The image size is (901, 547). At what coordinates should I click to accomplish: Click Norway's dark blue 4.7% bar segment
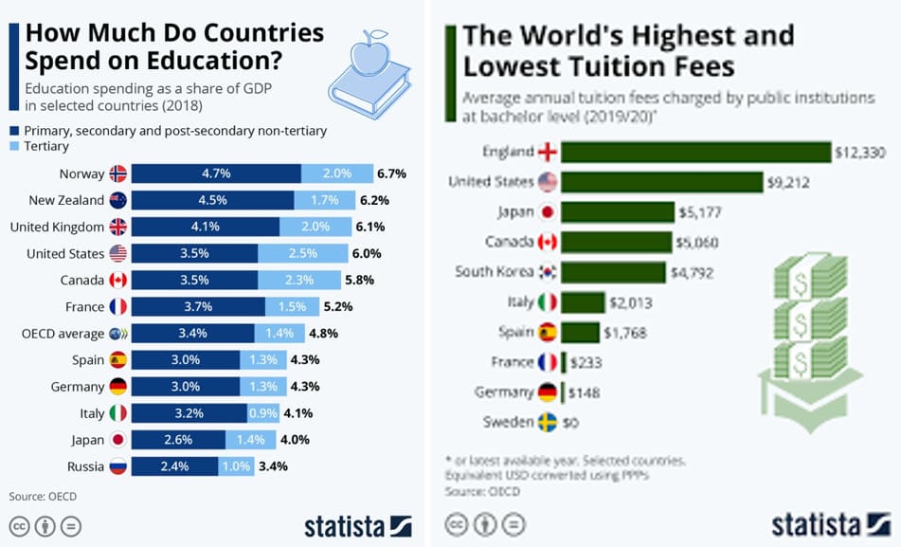pyautogui.click(x=215, y=173)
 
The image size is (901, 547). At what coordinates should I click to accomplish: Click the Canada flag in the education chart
pyautogui.click(x=118, y=281)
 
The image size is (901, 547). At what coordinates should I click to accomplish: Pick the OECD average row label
pyautogui.click(x=63, y=334)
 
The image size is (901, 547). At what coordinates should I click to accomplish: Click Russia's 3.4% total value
pyautogui.click(x=273, y=466)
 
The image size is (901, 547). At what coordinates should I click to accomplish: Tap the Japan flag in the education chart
pyautogui.click(x=118, y=440)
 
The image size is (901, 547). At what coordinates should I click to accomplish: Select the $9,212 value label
pyautogui.click(x=796, y=183)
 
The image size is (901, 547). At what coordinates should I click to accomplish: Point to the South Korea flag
pyautogui.click(x=548, y=272)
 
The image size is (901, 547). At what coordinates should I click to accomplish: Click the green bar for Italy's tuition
pyautogui.click(x=583, y=302)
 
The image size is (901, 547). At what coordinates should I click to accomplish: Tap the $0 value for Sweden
pyautogui.click(x=571, y=423)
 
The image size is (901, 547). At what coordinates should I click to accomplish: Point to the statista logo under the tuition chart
pyautogui.click(x=828, y=524)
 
